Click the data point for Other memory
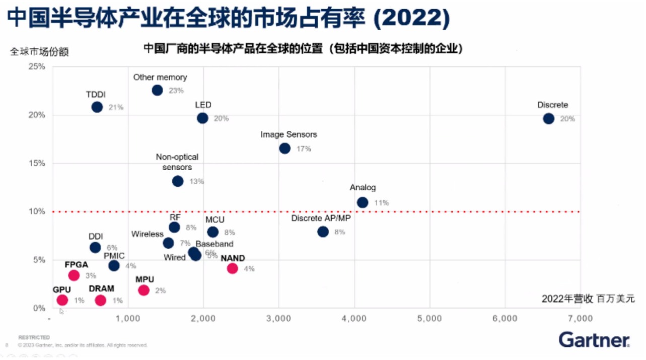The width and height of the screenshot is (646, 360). [157, 90]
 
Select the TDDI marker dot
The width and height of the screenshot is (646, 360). [97, 107]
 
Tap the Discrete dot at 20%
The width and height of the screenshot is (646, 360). [548, 119]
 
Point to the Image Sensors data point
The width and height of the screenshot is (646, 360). [284, 148]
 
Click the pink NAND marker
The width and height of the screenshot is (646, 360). [232, 268]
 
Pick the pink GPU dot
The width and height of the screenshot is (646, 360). [62, 300]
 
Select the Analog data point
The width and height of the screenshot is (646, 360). [363, 202]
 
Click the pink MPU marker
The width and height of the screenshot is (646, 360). [143, 290]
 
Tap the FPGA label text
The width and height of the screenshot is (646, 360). [76, 264]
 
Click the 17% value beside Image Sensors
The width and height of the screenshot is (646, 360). [304, 149]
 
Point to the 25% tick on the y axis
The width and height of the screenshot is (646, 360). [36, 66]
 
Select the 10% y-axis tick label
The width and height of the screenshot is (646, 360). [36, 211]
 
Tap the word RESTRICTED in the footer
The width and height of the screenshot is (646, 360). [34, 337]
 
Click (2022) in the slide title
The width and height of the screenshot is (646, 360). [413, 18]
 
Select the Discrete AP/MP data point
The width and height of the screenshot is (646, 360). [323, 232]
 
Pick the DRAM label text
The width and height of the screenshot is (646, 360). [101, 289]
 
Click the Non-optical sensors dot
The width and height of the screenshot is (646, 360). [178, 181]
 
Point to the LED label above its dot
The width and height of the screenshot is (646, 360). [203, 105]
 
